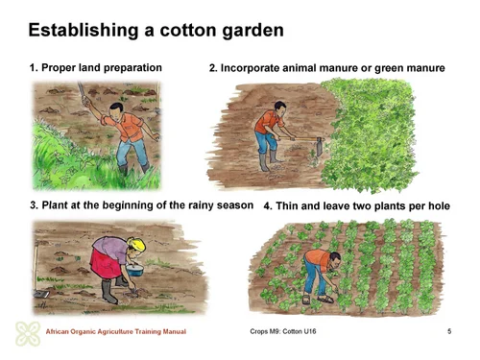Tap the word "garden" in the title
click(x=247, y=31)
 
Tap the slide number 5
click(x=449, y=331)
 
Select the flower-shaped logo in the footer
click(x=28, y=331)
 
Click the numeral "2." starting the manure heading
click(x=214, y=69)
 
